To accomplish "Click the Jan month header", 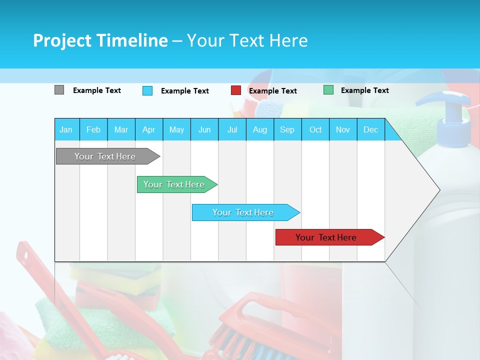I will point(66,129).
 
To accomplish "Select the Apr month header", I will point(148,129).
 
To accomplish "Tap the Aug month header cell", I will point(259,129).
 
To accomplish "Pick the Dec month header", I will point(370,129).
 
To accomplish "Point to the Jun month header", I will point(204,129).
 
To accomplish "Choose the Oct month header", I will point(315,129).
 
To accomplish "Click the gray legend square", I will point(59,90).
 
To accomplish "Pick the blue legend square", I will point(147,90).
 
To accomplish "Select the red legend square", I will point(235,90).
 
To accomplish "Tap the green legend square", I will point(328,90).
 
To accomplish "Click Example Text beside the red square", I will point(272,91).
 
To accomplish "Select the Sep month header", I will point(287,129).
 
